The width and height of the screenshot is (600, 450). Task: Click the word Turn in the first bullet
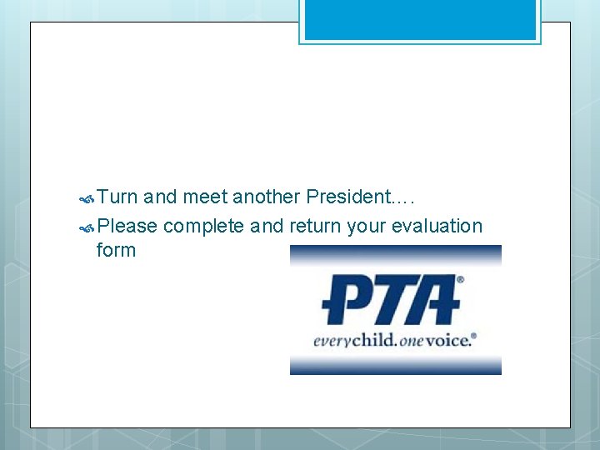[x=117, y=197]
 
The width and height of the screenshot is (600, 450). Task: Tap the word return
[x=315, y=226]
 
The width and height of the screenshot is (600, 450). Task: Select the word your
[x=367, y=227]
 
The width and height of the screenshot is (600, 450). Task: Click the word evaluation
[x=437, y=226]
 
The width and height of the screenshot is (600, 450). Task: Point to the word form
[x=116, y=250]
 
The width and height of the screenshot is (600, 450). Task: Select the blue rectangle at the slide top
[x=420, y=20]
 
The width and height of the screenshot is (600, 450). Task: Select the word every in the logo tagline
[x=331, y=341]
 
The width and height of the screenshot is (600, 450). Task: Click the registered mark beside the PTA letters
[x=460, y=281]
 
